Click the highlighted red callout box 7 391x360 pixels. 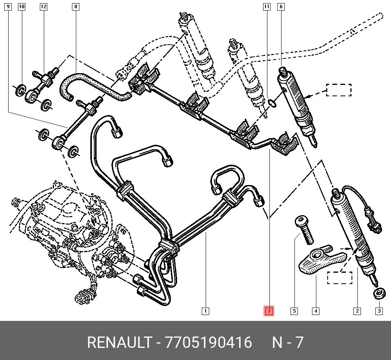point(269,311)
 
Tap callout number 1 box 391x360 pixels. point(205,311)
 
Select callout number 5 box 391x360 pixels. point(294,311)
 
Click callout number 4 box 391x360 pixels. point(316,311)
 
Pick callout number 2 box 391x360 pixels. point(357,311)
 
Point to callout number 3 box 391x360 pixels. point(379,311)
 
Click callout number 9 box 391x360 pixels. point(8,7)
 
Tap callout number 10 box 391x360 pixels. point(22,7)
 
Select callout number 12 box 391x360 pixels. point(43,7)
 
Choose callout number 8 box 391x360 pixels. point(75,7)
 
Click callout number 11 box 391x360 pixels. point(267,7)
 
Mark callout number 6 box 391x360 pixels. point(281,7)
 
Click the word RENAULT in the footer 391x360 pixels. point(119,342)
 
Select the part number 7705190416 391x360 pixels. point(209,342)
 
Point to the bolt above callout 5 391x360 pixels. point(304,230)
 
